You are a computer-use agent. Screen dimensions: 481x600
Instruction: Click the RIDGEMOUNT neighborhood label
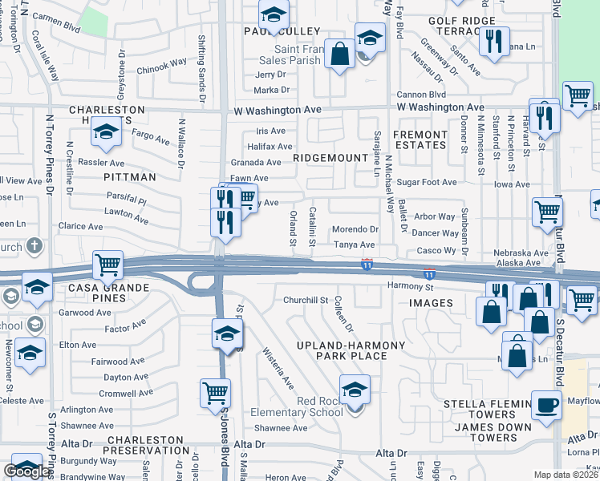(330, 158)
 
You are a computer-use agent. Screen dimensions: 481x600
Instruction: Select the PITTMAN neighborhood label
(129, 176)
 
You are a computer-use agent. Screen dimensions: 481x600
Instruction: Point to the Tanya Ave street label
(355, 245)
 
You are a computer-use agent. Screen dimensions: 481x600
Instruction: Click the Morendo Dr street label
(355, 229)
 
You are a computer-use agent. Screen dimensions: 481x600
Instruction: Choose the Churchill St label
(306, 300)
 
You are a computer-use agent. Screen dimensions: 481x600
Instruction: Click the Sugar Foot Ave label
(427, 183)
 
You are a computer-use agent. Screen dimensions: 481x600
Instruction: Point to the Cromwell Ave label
(126, 393)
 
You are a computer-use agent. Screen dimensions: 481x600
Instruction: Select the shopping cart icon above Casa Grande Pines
(107, 264)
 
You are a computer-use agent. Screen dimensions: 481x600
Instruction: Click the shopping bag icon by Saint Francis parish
(340, 55)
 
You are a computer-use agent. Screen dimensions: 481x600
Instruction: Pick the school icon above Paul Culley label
(274, 15)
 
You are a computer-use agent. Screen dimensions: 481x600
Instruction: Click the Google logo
(26, 471)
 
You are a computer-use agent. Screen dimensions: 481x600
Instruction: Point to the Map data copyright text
(566, 475)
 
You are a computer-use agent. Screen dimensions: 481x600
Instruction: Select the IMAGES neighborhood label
(431, 303)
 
